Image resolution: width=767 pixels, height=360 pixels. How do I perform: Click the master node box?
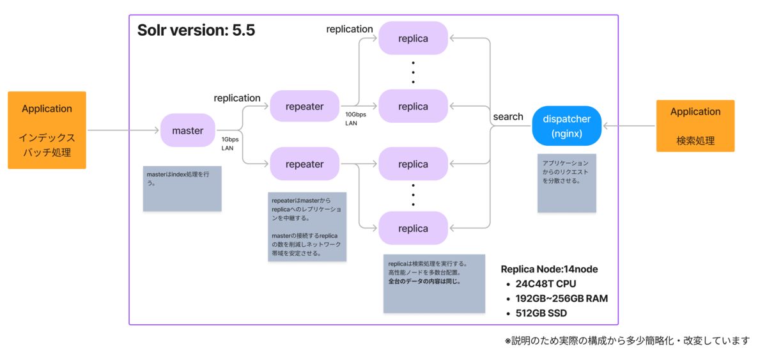(187, 130)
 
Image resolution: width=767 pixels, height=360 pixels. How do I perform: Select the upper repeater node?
(304, 106)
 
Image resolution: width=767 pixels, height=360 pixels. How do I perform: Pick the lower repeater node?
(304, 164)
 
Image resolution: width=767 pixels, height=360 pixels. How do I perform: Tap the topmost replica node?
(413, 38)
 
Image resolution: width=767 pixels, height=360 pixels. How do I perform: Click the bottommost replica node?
(413, 228)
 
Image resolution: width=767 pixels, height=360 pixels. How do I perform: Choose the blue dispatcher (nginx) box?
(566, 126)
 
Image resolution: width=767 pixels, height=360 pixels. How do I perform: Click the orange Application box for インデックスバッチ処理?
(47, 130)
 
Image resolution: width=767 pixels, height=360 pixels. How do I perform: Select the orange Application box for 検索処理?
(695, 126)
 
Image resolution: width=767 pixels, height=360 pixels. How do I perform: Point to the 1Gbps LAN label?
(230, 143)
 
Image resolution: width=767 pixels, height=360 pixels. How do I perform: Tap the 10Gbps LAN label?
(356, 118)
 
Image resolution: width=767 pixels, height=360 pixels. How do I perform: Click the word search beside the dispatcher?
(508, 117)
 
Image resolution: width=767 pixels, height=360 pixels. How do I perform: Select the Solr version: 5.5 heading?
(196, 31)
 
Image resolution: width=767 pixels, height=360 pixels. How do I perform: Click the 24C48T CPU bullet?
(547, 283)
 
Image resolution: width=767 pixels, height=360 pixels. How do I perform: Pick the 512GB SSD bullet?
(541, 313)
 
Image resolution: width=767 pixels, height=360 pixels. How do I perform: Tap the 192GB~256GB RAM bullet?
(561, 299)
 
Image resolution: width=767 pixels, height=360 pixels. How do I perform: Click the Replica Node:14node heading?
(549, 269)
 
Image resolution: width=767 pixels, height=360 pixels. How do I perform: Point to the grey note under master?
(182, 189)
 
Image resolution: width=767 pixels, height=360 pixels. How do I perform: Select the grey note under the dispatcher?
(567, 183)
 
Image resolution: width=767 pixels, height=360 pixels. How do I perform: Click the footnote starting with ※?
(626, 341)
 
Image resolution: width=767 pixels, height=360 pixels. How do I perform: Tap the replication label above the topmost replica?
(350, 29)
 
